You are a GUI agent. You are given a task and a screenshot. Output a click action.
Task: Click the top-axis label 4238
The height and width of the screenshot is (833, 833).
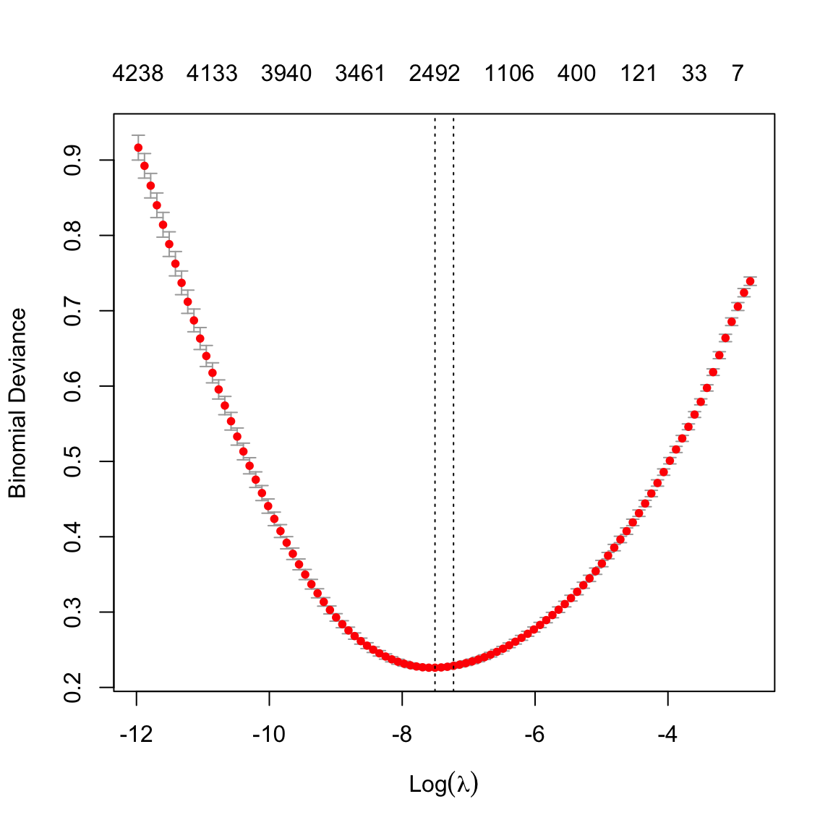(137, 74)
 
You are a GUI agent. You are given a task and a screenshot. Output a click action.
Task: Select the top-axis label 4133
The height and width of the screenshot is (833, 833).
(212, 74)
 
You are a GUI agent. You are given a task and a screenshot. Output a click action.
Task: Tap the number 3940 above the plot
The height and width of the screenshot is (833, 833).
(286, 74)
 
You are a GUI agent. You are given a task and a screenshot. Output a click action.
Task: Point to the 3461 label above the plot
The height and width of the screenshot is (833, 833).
(360, 74)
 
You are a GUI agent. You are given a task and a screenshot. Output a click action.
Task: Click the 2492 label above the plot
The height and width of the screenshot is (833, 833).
(435, 74)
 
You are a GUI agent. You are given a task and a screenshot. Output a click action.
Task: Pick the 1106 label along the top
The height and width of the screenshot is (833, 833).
(509, 74)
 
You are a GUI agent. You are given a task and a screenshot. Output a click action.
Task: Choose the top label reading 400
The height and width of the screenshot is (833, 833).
(576, 74)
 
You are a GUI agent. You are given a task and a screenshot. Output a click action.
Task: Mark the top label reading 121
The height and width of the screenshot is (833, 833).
(638, 74)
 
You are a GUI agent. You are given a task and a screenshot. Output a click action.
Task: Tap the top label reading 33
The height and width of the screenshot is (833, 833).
(694, 74)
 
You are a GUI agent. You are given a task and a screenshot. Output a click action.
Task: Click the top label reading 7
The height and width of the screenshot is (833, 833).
(737, 74)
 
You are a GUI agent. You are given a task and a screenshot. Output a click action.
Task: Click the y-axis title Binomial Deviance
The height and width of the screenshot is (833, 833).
(17, 403)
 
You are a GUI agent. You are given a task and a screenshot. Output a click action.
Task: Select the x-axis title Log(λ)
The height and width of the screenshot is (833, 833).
(444, 785)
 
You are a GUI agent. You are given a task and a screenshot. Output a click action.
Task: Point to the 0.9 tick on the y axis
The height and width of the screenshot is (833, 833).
(73, 161)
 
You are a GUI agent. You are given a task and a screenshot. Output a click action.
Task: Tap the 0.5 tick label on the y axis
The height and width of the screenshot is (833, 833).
(73, 461)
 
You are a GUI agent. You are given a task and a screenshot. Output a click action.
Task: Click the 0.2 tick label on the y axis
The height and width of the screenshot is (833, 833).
(73, 687)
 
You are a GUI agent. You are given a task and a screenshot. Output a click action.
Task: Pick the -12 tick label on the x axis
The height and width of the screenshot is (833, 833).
(136, 735)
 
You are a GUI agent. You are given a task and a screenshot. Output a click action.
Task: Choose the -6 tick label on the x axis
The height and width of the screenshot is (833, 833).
(534, 735)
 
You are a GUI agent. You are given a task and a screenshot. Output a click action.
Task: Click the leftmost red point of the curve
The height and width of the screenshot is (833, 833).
(138, 148)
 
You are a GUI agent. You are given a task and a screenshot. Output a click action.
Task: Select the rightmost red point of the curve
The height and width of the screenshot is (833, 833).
(750, 281)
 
